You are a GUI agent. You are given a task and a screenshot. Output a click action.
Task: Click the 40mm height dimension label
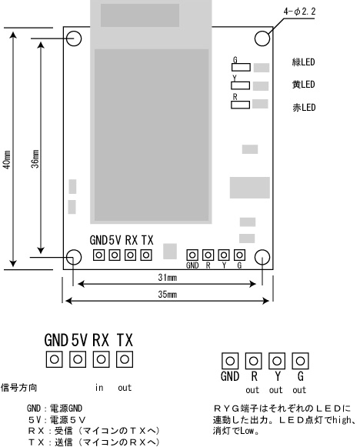[x=7, y=160]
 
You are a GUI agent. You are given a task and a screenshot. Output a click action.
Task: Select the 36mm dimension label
[x=35, y=158]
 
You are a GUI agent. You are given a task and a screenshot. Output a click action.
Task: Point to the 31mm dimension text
[x=168, y=278]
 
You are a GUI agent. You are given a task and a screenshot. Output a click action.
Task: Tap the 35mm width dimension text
[x=168, y=294]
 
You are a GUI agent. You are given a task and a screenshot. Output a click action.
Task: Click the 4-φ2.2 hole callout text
[x=299, y=12]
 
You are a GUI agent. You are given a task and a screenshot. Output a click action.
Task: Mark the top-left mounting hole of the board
[x=74, y=38]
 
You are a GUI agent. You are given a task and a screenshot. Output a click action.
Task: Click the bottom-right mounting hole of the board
[x=262, y=257]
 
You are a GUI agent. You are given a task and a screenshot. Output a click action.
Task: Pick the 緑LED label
[x=303, y=62]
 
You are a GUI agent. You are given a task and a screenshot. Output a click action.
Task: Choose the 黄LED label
[x=303, y=85]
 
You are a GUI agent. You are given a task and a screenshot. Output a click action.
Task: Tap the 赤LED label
[x=304, y=108]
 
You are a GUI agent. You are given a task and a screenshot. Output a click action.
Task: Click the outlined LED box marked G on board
[x=241, y=67]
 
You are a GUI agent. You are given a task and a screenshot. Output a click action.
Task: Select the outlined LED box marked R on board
[x=240, y=105]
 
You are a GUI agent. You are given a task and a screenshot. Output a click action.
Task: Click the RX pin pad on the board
[x=130, y=255]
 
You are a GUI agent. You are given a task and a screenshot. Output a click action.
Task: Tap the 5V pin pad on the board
[x=115, y=255]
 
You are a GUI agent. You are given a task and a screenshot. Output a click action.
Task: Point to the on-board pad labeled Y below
[x=224, y=255]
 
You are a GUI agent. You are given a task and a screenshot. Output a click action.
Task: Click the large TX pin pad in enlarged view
[x=125, y=359]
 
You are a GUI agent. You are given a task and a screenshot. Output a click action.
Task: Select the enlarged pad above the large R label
[x=253, y=361]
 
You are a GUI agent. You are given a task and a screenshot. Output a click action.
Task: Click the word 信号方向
[x=19, y=388]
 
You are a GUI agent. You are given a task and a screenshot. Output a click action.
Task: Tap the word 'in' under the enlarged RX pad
[x=99, y=388]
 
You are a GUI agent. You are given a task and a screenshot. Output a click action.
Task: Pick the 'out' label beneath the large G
[x=299, y=390]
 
